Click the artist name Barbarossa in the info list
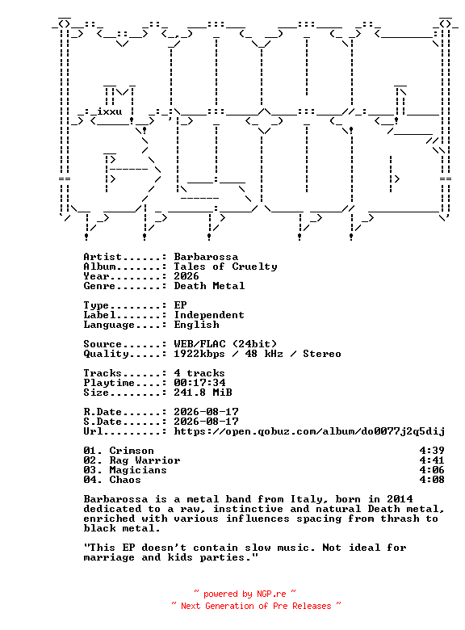[x=206, y=257]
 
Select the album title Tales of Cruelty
[x=226, y=267]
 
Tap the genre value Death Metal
[x=209, y=286]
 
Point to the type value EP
[x=180, y=305]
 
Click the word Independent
[x=209, y=315]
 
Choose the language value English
[x=196, y=325]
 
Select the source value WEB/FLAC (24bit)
[x=226, y=344]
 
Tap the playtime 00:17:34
[x=199, y=383]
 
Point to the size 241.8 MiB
[x=203, y=393]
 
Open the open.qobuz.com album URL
[x=309, y=431]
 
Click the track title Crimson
[x=132, y=451]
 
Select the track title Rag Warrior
[x=145, y=460]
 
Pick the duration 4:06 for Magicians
[x=432, y=470]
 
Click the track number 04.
[x=90, y=480]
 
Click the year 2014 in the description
[x=400, y=499]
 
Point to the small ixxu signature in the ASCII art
[x=109, y=111]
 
